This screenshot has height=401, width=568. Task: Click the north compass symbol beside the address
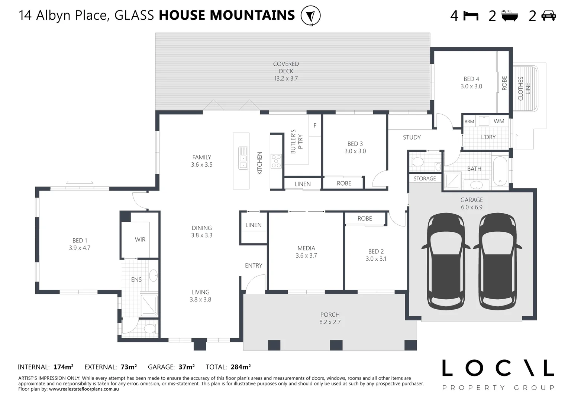[x=310, y=16]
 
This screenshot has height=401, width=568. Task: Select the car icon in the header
[x=549, y=16]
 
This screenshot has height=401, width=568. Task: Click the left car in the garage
[x=446, y=261]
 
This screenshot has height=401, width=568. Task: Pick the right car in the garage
[x=497, y=261]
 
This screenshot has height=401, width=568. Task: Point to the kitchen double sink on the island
[x=243, y=158]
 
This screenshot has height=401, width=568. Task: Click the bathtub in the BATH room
[x=500, y=171]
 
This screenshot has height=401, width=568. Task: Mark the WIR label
[x=140, y=239]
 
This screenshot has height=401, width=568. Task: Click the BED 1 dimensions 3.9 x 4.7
[x=80, y=248]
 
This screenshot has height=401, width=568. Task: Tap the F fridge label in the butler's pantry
[x=315, y=125]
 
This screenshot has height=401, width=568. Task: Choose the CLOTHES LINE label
[x=524, y=88]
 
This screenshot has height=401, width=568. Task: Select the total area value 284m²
[x=241, y=367]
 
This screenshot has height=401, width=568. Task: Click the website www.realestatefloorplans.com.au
[x=84, y=389]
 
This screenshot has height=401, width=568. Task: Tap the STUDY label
[x=412, y=137]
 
